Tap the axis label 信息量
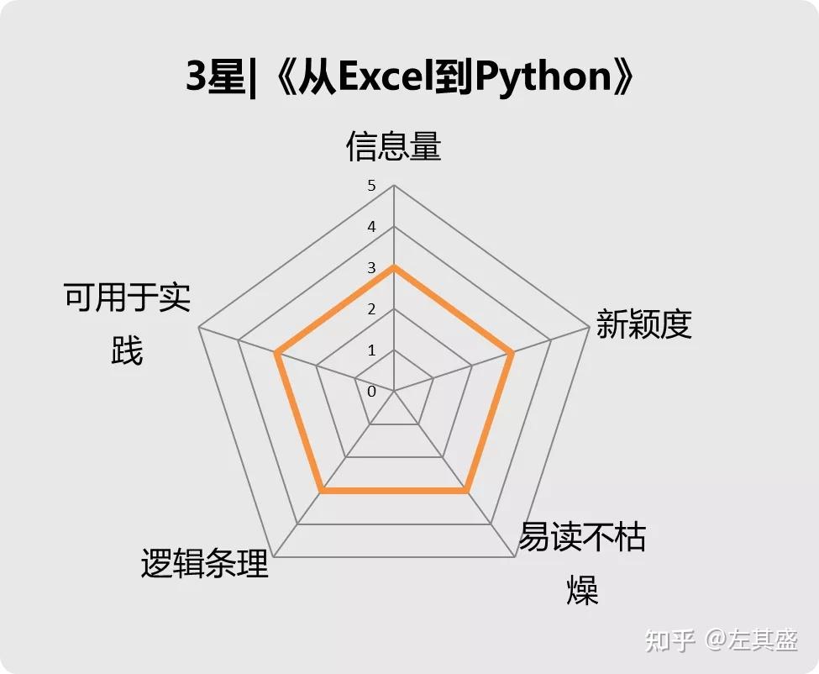[x=393, y=146]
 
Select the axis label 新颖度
[x=643, y=324]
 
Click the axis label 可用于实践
[x=127, y=324]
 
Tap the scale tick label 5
[x=371, y=186]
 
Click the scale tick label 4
[x=371, y=227]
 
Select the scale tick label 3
[x=371, y=268]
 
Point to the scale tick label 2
[x=371, y=309]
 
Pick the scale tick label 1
[x=371, y=350]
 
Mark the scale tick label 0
[x=371, y=392]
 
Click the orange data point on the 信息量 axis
[x=393, y=267]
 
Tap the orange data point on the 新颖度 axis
[x=511, y=353]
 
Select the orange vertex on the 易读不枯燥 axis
[x=465, y=490]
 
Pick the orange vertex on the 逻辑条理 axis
[x=322, y=490]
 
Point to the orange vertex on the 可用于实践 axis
[x=276, y=353]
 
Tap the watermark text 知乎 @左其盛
[x=721, y=640]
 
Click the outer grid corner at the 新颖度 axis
[x=588, y=328]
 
